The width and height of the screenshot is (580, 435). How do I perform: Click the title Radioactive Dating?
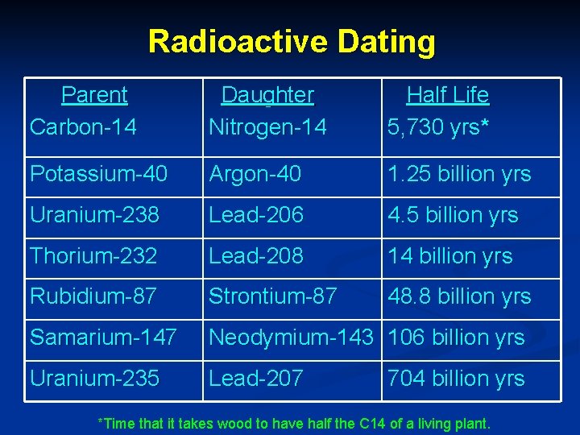point(292,41)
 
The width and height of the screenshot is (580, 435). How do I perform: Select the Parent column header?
point(94,95)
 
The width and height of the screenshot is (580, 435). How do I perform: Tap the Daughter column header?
point(267,95)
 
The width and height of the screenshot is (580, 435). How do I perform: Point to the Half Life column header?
point(447,95)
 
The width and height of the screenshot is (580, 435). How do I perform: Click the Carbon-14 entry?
point(83,126)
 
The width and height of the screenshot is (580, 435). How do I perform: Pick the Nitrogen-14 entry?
point(267,126)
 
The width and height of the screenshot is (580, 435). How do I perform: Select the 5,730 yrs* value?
point(438,126)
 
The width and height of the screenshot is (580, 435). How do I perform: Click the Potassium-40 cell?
point(98,174)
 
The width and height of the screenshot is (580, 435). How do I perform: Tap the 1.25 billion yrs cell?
point(459,174)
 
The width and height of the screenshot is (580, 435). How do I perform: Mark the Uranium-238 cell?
point(94,215)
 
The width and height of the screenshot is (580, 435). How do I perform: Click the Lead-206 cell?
point(256,215)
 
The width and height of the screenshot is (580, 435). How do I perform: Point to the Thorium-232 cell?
point(93,256)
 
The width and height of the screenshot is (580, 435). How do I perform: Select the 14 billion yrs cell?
point(449,256)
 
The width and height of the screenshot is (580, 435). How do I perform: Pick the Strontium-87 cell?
point(272,296)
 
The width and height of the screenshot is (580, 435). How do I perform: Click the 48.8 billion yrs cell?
point(459,296)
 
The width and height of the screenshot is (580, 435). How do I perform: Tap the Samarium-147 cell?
point(103,338)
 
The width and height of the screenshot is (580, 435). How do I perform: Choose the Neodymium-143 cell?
point(291,338)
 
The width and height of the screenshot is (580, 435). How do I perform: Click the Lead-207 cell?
point(256,379)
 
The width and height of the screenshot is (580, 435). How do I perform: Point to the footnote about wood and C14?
point(293,423)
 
